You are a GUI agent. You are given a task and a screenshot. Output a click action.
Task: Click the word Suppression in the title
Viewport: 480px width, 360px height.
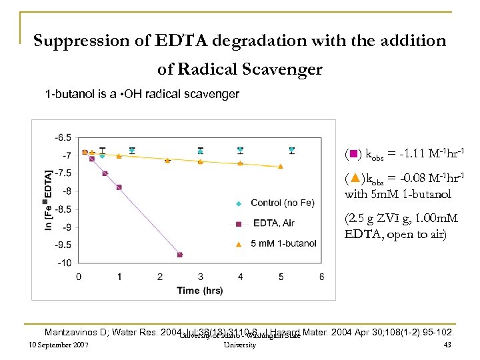(75, 41)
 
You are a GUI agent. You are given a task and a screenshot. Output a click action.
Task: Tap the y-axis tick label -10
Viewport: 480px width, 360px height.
(63, 262)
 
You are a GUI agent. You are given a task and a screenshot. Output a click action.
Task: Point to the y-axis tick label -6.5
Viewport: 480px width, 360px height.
(63, 137)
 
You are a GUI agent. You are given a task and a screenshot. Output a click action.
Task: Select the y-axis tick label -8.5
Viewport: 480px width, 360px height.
(63, 209)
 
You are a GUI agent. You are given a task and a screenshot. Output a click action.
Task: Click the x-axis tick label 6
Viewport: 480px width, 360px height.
(322, 276)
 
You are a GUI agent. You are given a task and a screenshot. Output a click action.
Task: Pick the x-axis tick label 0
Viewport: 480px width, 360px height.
(79, 276)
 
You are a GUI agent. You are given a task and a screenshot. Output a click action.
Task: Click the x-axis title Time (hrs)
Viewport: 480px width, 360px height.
(200, 291)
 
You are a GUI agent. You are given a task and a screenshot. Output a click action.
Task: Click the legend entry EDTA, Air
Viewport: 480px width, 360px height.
(273, 223)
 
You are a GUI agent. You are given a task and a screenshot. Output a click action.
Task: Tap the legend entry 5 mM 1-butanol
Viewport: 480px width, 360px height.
(283, 243)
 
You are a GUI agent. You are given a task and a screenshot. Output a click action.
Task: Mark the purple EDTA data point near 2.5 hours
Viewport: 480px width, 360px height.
(180, 255)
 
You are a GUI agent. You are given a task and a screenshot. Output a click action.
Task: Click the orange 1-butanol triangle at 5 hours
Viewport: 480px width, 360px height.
(281, 166)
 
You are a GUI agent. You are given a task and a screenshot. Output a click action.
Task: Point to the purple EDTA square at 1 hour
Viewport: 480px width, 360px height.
(119, 187)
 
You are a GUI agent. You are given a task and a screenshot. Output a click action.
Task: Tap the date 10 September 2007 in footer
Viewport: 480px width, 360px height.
(55, 345)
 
